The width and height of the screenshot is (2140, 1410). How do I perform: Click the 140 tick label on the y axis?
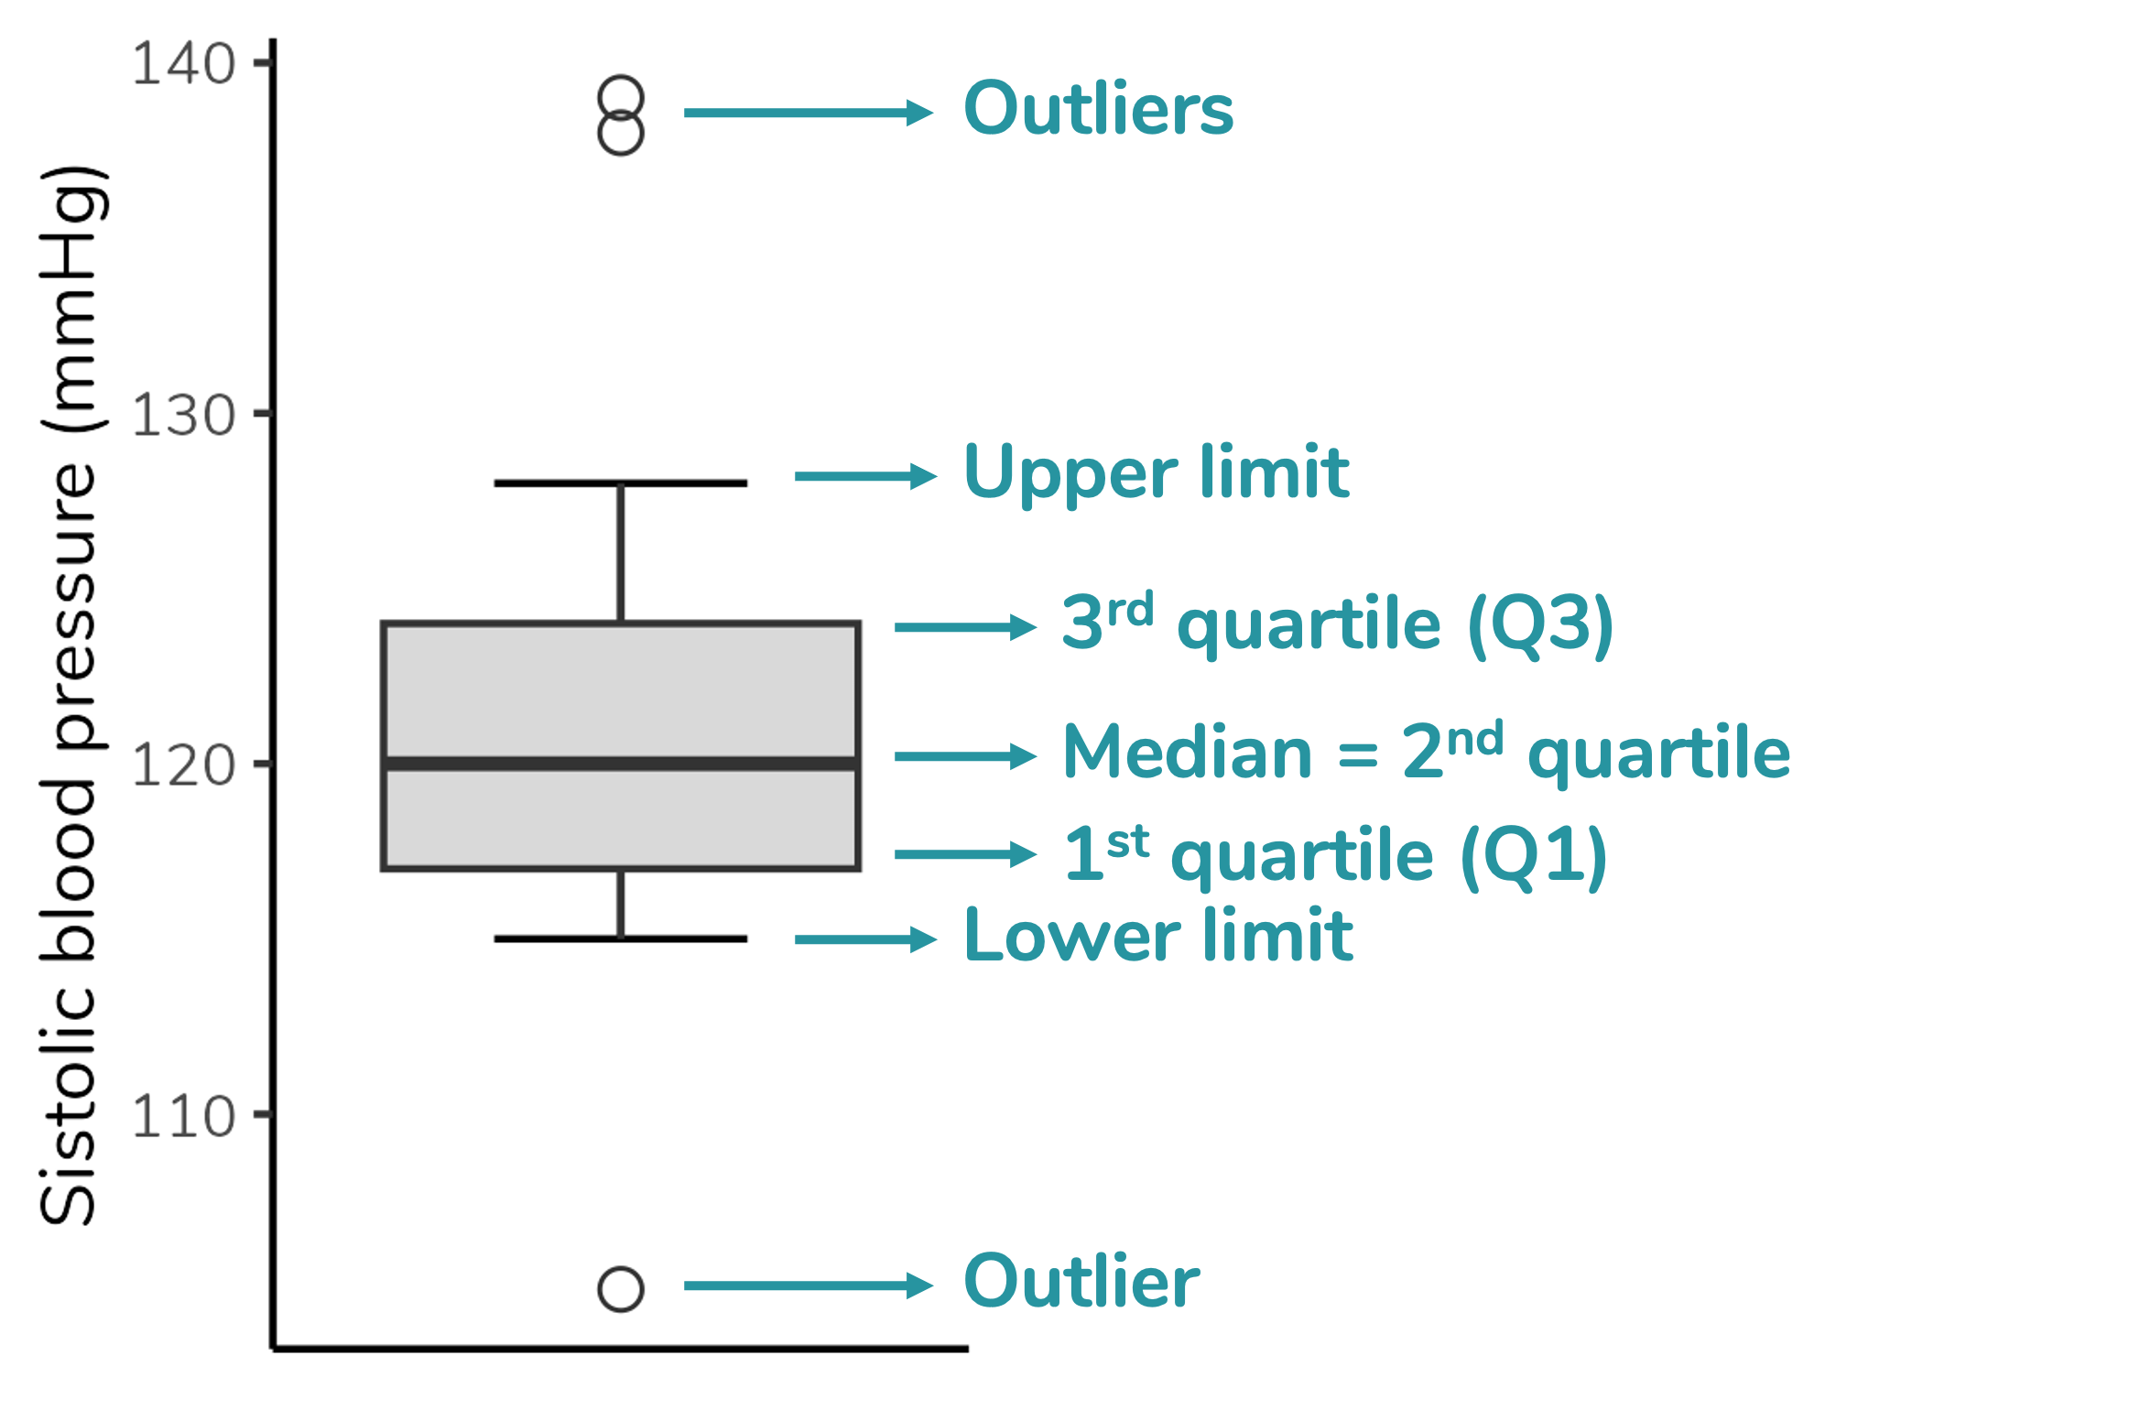183,65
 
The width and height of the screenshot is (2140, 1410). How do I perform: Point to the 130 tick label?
183,417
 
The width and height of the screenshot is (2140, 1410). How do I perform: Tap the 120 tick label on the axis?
183,766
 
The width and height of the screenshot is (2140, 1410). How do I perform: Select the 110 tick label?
183,1117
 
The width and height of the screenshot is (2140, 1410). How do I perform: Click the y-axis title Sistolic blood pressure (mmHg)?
69,696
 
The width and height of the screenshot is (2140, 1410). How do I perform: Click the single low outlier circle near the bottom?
621,1289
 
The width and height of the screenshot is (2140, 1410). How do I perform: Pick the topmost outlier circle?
621,99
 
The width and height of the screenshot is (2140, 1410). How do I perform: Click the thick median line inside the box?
621,763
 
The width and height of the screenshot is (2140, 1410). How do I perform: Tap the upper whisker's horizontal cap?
621,483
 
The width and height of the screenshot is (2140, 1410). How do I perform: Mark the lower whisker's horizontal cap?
621,938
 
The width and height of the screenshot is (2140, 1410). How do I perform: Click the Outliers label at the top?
1098,109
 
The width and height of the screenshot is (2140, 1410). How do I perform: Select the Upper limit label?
1157,472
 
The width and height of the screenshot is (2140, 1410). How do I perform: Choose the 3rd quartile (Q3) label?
1337,624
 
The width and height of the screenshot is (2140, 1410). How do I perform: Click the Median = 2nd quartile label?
1426,752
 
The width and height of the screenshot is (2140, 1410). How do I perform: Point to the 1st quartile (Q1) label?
1334,855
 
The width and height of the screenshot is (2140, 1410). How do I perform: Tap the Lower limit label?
1158,936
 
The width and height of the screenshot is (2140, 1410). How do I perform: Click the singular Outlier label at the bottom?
1081,1282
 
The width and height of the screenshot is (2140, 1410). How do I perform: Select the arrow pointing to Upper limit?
864,476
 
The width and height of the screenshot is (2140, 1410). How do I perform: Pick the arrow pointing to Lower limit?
864,939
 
